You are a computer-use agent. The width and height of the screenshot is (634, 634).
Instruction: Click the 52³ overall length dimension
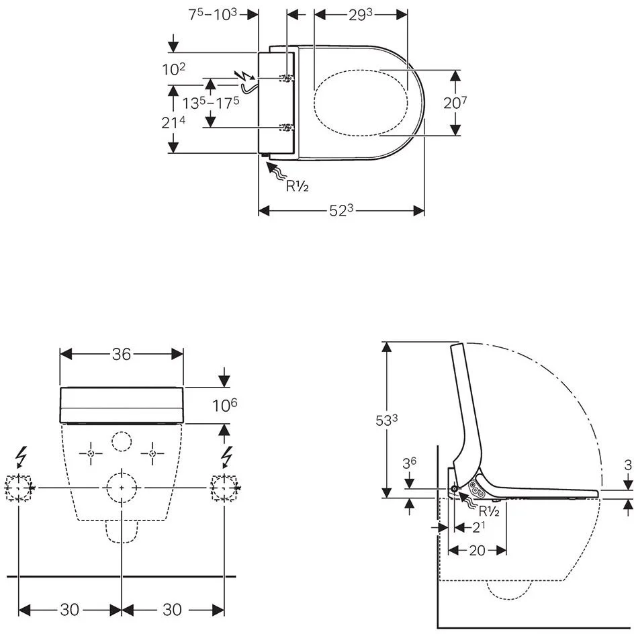tap(341, 211)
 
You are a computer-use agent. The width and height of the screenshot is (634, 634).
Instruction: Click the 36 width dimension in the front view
tap(122, 354)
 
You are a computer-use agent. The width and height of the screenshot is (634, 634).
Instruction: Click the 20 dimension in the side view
tap(477, 550)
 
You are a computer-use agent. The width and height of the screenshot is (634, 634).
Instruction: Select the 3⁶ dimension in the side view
tap(409, 463)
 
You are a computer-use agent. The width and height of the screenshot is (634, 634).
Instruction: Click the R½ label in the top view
tap(297, 187)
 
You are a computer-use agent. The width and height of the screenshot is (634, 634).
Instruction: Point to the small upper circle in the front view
tap(122, 441)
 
